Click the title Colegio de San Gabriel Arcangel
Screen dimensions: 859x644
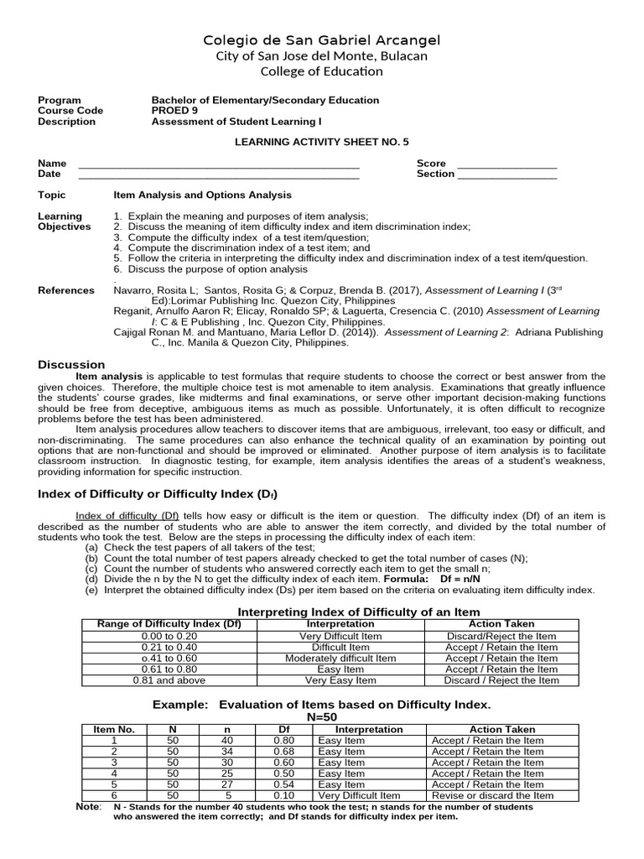(x=323, y=40)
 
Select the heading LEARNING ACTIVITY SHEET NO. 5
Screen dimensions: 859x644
(x=322, y=143)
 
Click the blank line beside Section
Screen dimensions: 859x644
(x=506, y=174)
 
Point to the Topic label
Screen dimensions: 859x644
(x=51, y=195)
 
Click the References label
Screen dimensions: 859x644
(x=66, y=290)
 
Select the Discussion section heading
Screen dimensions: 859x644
(x=71, y=365)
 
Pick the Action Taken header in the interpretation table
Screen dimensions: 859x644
(x=501, y=624)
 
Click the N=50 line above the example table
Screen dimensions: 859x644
(x=322, y=718)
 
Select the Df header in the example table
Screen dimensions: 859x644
(x=283, y=730)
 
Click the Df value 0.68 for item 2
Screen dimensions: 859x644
(x=283, y=752)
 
